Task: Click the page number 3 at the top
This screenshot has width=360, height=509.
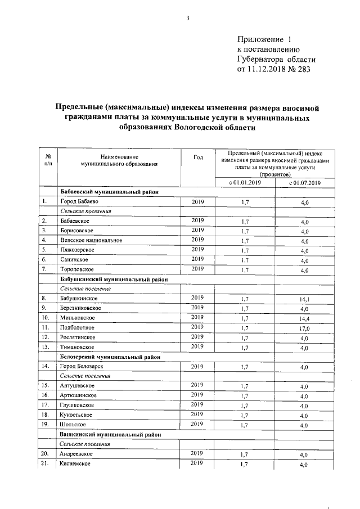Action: point(188,19)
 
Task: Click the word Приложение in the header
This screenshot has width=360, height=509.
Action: point(259,40)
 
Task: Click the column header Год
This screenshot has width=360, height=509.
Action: point(198,157)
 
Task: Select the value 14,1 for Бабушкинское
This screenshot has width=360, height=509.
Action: point(304,300)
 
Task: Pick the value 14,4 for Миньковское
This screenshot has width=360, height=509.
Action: point(304,318)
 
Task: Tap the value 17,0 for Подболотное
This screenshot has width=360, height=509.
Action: point(304,328)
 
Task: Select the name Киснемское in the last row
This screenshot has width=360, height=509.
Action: point(76,464)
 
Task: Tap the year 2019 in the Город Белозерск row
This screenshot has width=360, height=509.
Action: point(198,366)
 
